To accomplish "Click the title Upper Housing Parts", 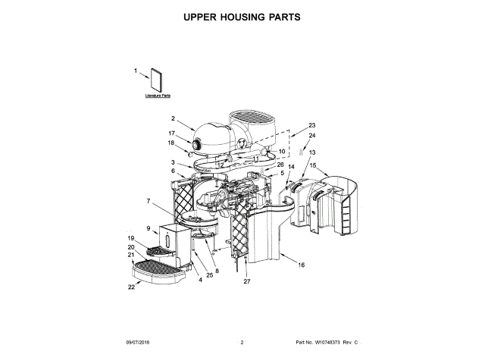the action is [x=242, y=17].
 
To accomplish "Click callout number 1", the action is [x=136, y=71].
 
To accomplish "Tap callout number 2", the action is [x=173, y=118].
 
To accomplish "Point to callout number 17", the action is [x=171, y=133].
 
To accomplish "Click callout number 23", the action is [x=311, y=125].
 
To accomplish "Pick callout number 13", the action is [x=311, y=152].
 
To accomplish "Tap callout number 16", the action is [x=301, y=265].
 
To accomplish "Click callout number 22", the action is [x=130, y=287].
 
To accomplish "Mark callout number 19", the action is [x=130, y=238].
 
